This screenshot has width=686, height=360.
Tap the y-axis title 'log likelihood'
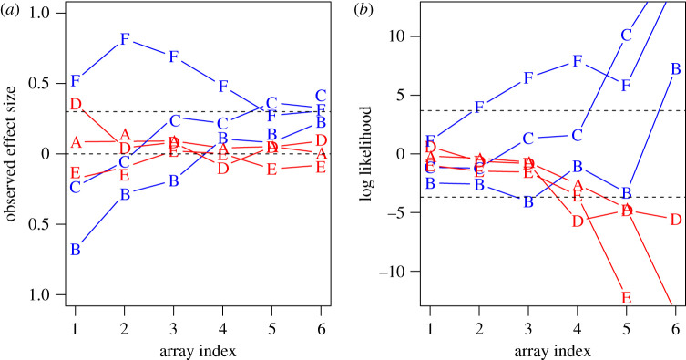pos(367,153)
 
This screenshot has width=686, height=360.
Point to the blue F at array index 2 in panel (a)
pos(125,39)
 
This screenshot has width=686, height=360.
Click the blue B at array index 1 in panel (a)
pos(76,249)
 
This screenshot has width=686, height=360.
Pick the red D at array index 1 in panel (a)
pos(76,104)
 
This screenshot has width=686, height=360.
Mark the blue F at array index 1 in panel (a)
pos(76,81)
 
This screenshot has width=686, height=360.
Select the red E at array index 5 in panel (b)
pos(626,297)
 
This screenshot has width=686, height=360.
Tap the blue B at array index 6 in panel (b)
pos(675,68)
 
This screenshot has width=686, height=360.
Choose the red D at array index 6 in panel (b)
pos(675,220)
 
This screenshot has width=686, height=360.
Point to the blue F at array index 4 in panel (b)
pos(577,61)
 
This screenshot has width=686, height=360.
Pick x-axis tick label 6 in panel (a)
pos(321,327)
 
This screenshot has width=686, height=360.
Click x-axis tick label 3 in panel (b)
pos(527,327)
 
